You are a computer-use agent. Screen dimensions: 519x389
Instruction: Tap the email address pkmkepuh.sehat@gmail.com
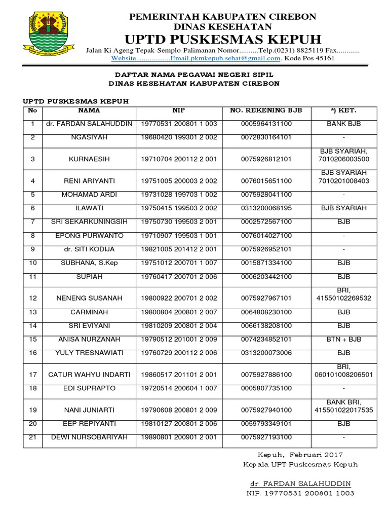pyautogui.click(x=225, y=58)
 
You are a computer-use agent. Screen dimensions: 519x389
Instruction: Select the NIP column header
pyautogui.click(x=179, y=110)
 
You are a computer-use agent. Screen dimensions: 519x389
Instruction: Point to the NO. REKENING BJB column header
pyautogui.click(x=266, y=110)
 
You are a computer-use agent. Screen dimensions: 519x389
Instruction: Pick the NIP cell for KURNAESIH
pyautogui.click(x=179, y=159)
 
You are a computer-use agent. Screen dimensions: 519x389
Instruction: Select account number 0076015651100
pyautogui.click(x=266, y=181)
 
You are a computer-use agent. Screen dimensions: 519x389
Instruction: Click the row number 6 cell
pyautogui.click(x=33, y=208)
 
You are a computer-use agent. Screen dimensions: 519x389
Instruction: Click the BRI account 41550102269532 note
pyautogui.click(x=343, y=298)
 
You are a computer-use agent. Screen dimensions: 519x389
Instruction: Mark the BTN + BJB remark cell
pyautogui.click(x=343, y=339)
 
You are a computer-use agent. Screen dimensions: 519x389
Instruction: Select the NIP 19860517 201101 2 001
pyautogui.click(x=179, y=375)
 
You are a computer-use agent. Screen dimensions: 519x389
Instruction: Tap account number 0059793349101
pyautogui.click(x=266, y=424)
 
